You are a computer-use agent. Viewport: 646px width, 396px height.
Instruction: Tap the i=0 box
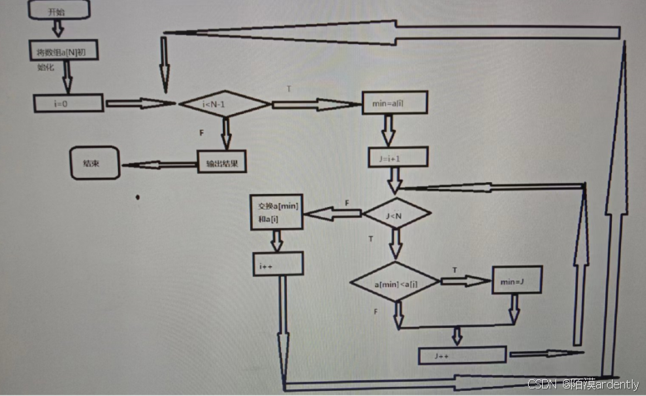pyautogui.click(x=68, y=102)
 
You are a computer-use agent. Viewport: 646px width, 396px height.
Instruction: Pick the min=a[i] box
pyautogui.click(x=393, y=103)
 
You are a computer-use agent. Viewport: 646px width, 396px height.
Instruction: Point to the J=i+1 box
pyautogui.click(x=397, y=156)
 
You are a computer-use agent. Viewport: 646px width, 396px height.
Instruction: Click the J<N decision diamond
pyautogui.click(x=396, y=214)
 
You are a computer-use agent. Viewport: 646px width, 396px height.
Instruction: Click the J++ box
pyautogui.click(x=461, y=354)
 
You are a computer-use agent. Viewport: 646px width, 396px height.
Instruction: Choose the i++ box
pyautogui.click(x=277, y=264)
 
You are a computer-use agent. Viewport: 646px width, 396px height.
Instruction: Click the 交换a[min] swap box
pyautogui.click(x=276, y=212)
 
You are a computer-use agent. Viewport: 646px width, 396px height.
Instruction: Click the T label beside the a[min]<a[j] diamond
pyautogui.click(x=454, y=270)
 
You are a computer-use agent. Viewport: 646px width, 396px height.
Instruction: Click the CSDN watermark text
pyautogui.click(x=585, y=384)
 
